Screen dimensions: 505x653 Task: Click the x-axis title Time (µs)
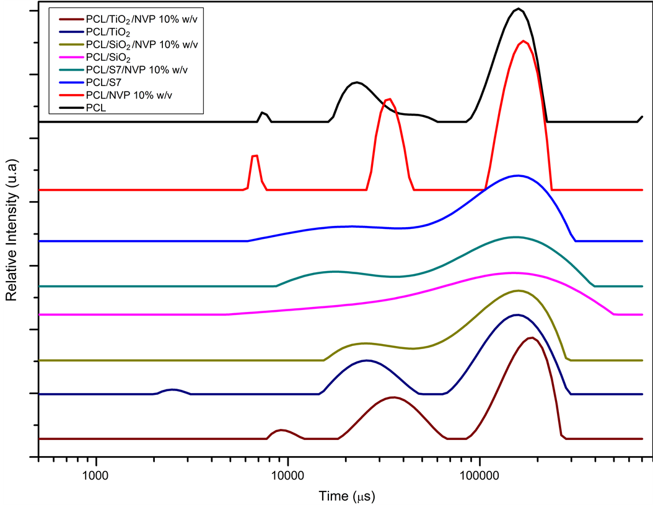[x=346, y=495]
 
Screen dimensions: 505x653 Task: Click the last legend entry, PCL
[x=96, y=108]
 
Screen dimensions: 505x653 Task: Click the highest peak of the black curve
[x=519, y=9]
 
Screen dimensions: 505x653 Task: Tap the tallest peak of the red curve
[x=524, y=41]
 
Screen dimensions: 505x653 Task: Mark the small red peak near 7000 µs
[x=254, y=155]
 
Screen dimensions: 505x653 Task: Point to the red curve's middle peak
[x=388, y=99]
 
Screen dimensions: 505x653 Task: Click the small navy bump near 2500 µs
[x=172, y=389]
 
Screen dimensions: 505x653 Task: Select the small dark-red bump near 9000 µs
[x=282, y=429]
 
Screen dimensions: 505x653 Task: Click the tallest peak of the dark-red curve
[x=530, y=338]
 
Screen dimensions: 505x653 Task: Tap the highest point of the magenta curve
[x=512, y=272]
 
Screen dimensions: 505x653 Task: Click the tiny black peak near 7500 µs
[x=263, y=112]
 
